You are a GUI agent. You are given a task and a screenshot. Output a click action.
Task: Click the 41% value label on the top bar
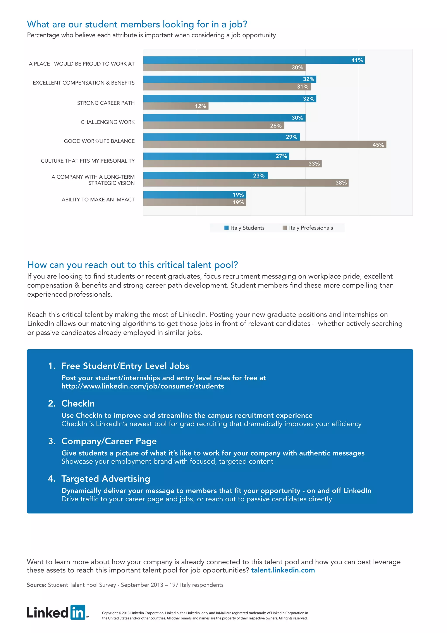pyautogui.click(x=357, y=60)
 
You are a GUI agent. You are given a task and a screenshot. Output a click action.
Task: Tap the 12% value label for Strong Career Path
pyautogui.click(x=200, y=106)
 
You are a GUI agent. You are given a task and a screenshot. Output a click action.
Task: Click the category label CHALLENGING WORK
pyautogui.click(x=108, y=122)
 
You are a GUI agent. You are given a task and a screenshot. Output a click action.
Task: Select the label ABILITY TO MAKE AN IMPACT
pyautogui.click(x=98, y=199)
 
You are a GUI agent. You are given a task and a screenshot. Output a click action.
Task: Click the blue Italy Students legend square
pyautogui.click(x=227, y=228)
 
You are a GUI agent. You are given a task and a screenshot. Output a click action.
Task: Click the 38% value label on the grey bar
pyautogui.click(x=341, y=183)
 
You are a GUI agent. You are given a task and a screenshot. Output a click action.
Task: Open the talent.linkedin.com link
pyautogui.click(x=283, y=570)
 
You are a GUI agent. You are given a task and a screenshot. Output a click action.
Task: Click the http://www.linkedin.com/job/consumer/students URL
pyautogui.click(x=143, y=386)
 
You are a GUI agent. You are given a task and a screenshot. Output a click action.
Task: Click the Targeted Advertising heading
pyautogui.click(x=106, y=479)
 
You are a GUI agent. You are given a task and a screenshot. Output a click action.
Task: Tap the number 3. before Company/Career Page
pyautogui.click(x=52, y=441)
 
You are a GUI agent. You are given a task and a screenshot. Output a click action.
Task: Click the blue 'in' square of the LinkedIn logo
pyautogui.click(x=78, y=612)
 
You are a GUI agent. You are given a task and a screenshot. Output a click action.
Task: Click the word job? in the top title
pyautogui.click(x=238, y=24)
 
